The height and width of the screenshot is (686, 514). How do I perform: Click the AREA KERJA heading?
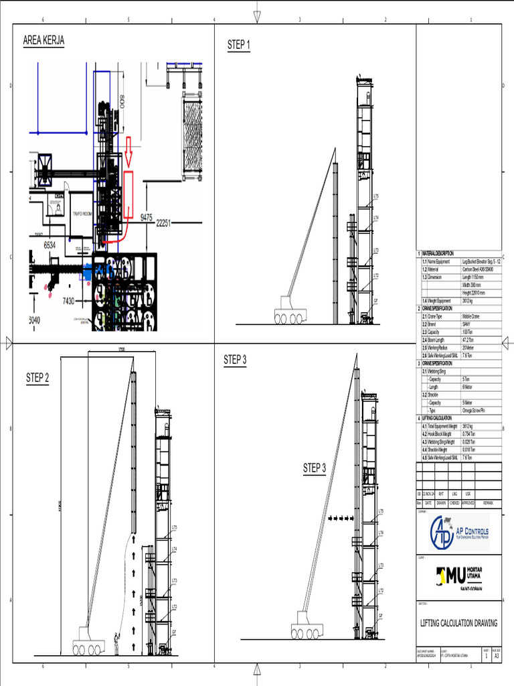pos(44,41)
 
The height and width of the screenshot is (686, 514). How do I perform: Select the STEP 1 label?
pos(239,45)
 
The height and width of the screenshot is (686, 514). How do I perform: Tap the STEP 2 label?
pos(37,377)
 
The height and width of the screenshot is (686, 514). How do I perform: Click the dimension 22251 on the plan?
pos(168,223)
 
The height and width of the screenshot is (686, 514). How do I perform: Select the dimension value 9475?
pos(147,217)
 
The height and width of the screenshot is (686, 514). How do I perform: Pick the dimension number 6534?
pos(50,245)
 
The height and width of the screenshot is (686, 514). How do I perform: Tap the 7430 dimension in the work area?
pos(68,301)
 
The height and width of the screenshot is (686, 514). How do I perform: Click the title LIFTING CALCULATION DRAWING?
pos(458,623)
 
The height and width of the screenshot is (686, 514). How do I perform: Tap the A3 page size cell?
pos(496,657)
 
